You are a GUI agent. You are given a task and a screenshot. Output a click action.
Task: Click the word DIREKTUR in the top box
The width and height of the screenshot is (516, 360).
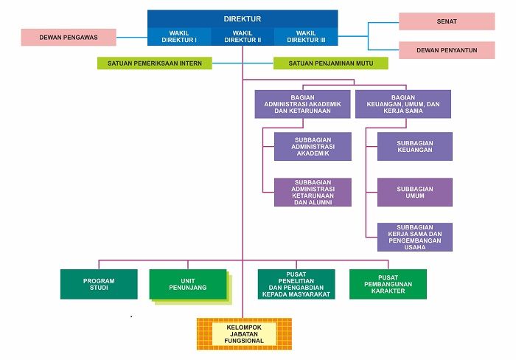(x=243, y=18)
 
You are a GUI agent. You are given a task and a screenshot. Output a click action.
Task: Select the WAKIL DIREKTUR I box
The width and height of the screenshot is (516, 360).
(x=179, y=37)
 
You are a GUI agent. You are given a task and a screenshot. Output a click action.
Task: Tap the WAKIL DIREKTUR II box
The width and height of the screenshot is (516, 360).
(x=243, y=37)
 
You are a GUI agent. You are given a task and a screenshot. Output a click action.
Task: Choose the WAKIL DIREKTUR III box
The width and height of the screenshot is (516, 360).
(x=306, y=37)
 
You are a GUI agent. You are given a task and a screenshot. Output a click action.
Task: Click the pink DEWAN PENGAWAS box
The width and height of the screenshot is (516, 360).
(x=69, y=37)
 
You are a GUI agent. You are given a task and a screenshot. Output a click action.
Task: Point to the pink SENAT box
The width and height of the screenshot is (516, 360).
(x=447, y=21)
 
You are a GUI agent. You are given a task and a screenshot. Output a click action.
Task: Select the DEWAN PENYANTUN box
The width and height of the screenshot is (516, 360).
(x=447, y=50)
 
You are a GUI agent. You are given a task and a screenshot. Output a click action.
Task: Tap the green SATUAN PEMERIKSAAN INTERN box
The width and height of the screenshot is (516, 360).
(x=155, y=63)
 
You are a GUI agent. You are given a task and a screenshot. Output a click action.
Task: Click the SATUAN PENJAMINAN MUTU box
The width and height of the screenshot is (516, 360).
(x=331, y=63)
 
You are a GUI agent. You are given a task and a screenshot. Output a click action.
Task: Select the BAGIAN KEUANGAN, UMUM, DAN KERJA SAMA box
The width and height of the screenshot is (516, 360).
(x=403, y=104)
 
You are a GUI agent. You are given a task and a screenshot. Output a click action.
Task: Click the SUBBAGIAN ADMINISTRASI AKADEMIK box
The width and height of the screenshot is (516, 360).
(x=313, y=146)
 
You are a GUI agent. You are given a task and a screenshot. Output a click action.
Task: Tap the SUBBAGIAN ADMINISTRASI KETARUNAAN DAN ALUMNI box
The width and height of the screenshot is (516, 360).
(x=313, y=192)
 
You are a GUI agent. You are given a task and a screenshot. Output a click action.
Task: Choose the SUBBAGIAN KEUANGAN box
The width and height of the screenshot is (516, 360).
(x=415, y=146)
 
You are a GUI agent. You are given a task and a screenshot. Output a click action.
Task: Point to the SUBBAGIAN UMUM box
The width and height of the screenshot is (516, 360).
(x=415, y=192)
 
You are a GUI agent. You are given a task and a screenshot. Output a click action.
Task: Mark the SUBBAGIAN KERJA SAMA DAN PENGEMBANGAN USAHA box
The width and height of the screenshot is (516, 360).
(x=415, y=237)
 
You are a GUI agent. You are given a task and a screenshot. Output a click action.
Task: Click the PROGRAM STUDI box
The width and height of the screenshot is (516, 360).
(x=99, y=284)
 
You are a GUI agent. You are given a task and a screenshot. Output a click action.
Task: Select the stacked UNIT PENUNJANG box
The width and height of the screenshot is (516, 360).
(x=188, y=284)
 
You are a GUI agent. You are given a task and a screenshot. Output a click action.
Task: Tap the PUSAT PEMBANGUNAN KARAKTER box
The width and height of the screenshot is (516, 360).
(x=388, y=284)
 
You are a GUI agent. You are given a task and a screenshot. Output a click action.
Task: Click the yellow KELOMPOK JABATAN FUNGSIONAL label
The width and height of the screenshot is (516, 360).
(x=244, y=333)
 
